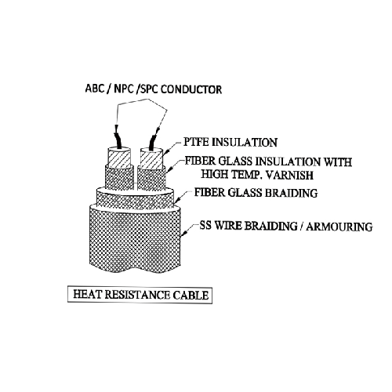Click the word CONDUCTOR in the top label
(191, 89)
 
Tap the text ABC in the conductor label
(95, 89)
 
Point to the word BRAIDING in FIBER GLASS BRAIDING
(291, 193)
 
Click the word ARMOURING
(339, 227)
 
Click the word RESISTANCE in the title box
(137, 295)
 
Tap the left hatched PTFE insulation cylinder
(119, 158)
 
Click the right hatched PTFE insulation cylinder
(151, 158)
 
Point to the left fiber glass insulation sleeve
(119, 178)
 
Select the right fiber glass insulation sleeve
(151, 179)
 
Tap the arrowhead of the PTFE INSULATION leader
(166, 153)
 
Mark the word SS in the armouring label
(205, 225)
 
